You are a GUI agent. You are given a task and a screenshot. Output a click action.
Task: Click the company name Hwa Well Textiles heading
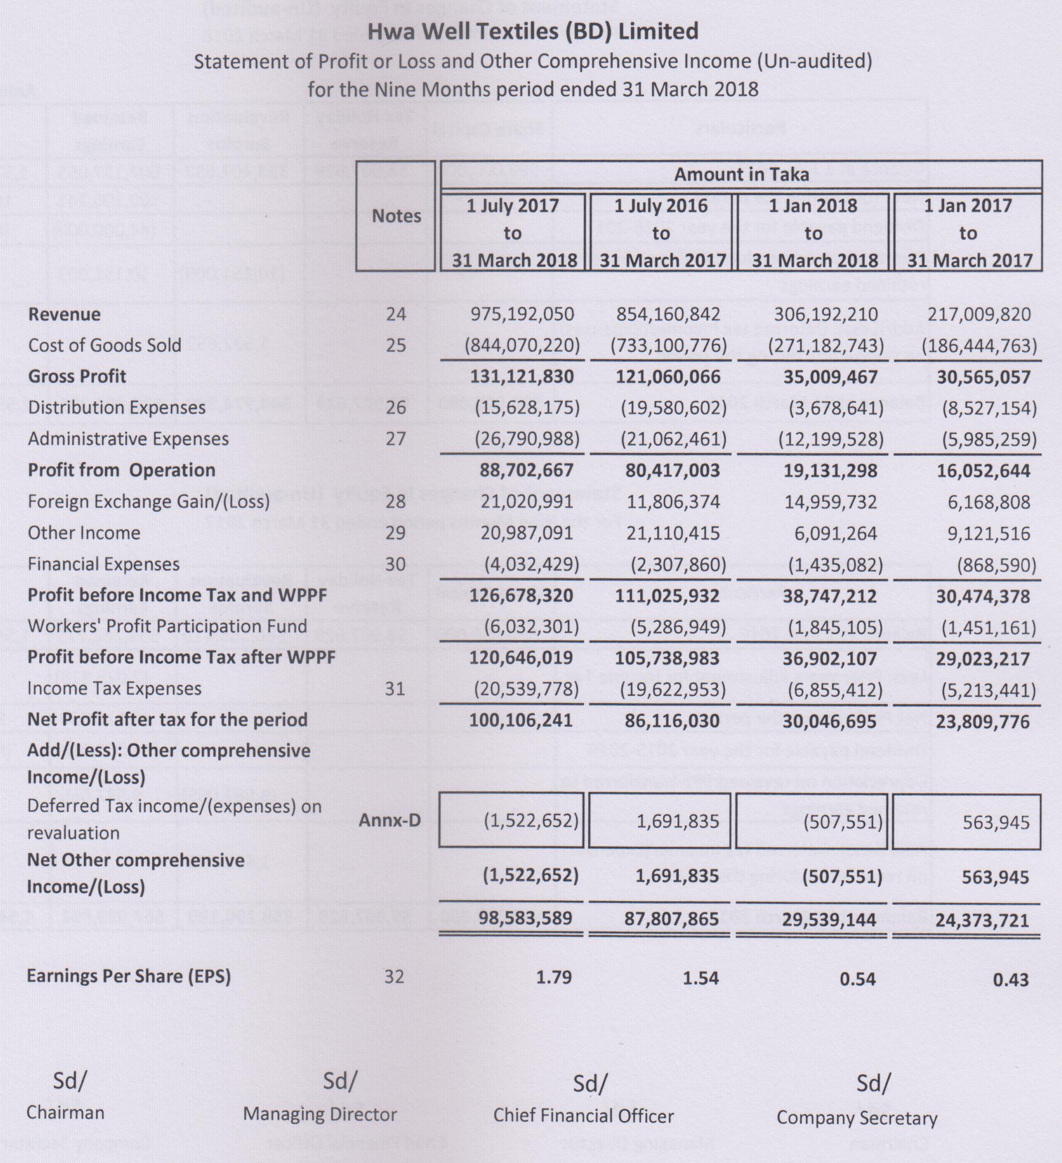(x=533, y=31)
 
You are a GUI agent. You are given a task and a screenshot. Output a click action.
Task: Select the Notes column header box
(x=396, y=216)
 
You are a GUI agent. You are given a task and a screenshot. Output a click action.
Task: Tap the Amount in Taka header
(x=742, y=174)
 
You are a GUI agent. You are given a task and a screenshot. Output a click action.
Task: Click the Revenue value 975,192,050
(x=522, y=315)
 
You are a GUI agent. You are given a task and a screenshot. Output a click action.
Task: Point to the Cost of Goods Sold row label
(x=104, y=345)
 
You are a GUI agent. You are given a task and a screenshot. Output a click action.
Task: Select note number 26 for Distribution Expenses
(x=395, y=408)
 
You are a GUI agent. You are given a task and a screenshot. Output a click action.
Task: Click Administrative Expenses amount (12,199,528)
(x=831, y=440)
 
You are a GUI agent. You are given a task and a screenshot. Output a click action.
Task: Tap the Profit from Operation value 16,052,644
(x=983, y=471)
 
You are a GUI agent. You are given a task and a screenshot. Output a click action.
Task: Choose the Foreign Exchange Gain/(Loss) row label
(x=149, y=501)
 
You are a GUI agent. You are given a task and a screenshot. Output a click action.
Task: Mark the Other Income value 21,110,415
(x=673, y=533)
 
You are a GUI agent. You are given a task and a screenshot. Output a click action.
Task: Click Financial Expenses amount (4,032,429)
(x=527, y=564)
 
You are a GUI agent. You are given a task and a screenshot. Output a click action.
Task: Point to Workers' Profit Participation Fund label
(x=167, y=626)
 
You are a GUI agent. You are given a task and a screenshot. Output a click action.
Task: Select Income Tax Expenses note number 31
(x=395, y=688)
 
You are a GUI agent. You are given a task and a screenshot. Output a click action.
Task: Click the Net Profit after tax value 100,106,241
(x=521, y=720)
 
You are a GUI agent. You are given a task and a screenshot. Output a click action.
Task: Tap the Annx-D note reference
(x=390, y=820)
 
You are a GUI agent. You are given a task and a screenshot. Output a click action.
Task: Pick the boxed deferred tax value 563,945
(x=996, y=822)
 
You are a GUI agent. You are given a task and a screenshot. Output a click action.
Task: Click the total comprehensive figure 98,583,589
(x=525, y=919)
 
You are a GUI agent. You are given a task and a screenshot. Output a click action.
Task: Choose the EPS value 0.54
(x=858, y=979)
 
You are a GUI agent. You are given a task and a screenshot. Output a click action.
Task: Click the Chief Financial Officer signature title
(x=583, y=1116)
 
